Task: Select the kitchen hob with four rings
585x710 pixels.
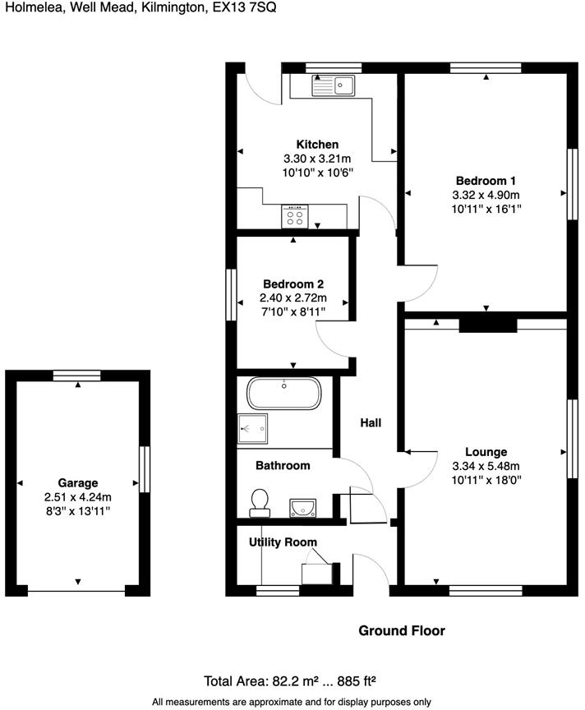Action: [295, 216]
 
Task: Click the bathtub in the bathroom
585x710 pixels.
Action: [284, 394]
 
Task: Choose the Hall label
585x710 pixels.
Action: [371, 422]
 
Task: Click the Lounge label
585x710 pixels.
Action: [486, 451]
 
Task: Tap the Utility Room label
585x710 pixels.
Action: [283, 542]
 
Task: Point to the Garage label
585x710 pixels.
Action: [77, 482]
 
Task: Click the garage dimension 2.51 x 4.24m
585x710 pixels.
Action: [77, 496]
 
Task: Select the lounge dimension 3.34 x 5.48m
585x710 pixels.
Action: [486, 465]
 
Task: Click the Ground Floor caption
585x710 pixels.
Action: [402, 630]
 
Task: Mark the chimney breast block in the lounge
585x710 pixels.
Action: [487, 325]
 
